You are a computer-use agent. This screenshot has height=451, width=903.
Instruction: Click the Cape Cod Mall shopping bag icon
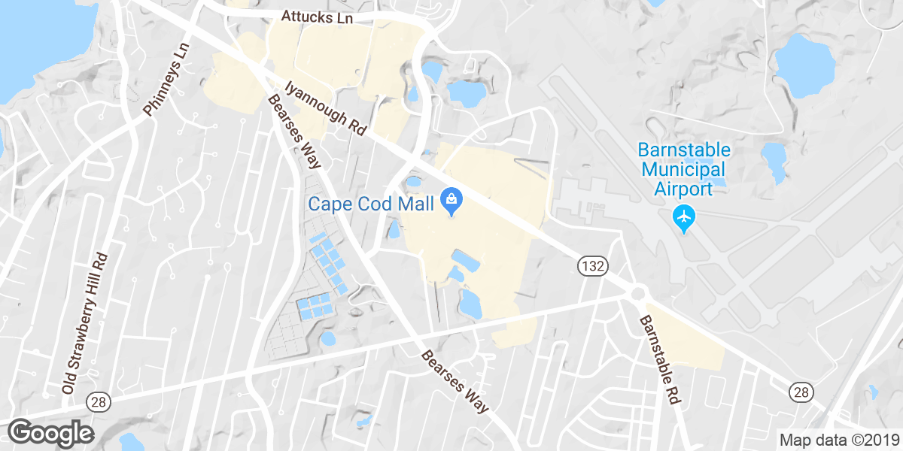coord(451,200)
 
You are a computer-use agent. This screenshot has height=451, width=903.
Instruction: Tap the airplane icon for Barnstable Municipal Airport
coord(684,217)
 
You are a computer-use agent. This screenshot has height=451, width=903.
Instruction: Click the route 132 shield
coord(592,266)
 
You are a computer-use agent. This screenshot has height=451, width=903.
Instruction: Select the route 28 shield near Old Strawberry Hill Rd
coord(96,402)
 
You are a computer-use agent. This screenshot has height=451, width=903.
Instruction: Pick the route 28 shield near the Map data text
coord(801,392)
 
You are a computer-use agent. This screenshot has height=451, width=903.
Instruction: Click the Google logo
coord(50,433)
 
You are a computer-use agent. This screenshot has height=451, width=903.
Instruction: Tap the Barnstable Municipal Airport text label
coord(684,168)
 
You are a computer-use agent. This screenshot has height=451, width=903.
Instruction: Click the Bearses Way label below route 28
coord(455,381)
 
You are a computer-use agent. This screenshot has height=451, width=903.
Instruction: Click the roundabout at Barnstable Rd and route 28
coord(639,293)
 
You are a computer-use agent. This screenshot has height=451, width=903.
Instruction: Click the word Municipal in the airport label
coord(684,169)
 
